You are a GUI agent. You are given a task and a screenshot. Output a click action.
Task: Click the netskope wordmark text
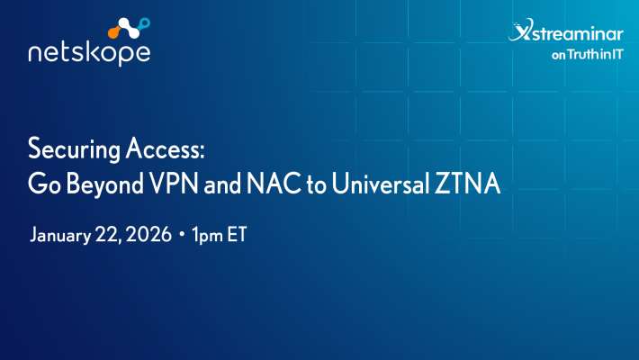(x=89, y=53)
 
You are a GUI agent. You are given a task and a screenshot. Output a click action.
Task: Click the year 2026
(x=148, y=237)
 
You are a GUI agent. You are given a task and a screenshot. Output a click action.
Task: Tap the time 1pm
(x=207, y=237)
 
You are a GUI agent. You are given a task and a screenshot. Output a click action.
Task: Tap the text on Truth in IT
(x=587, y=53)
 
